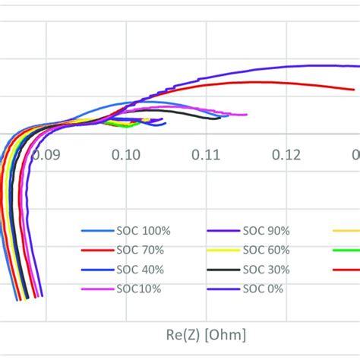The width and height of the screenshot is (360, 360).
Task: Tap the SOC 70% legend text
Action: point(139,250)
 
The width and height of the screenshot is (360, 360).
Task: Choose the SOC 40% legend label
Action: point(139,269)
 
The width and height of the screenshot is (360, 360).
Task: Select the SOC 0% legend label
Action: point(263,289)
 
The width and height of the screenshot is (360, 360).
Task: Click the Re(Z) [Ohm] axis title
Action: point(205,334)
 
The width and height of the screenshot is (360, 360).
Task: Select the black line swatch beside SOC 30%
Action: point(223,270)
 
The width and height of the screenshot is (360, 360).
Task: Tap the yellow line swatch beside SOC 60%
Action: point(223,250)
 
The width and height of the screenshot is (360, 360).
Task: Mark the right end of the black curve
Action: point(219,117)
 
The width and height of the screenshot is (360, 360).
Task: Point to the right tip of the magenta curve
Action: point(247,115)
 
